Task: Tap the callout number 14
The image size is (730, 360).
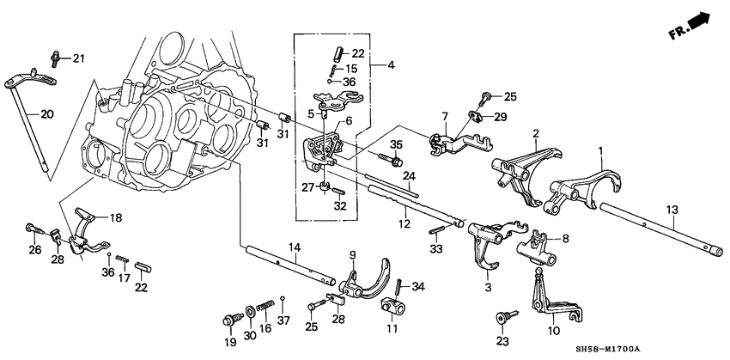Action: coord(294,247)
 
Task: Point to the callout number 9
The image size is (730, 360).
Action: coord(351,253)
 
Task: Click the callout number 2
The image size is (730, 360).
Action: coord(534,134)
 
